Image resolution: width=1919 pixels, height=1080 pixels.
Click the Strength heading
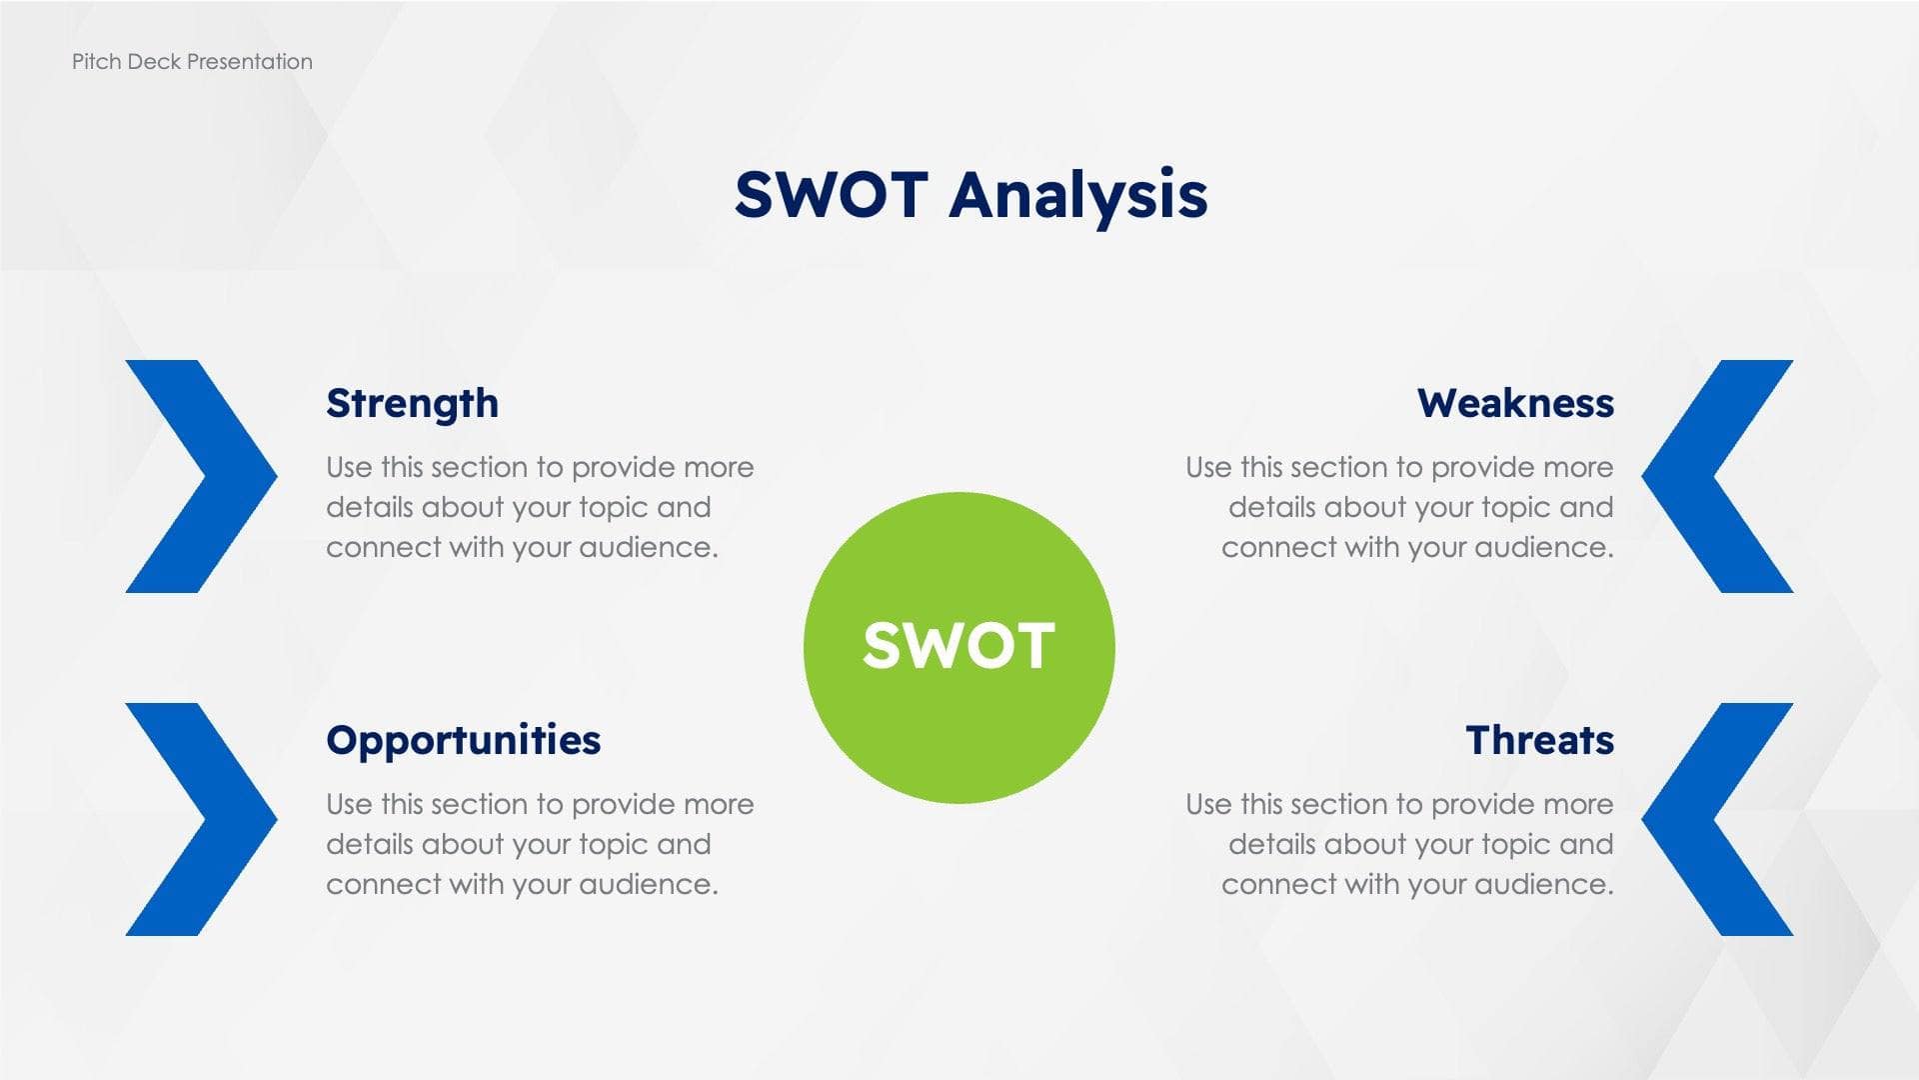point(412,404)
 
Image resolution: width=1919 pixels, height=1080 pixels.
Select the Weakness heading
point(1515,404)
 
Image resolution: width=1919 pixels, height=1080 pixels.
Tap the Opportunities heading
point(463,741)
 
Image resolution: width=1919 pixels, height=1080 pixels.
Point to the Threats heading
point(1539,741)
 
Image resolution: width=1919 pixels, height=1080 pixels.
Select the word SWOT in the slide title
point(832,195)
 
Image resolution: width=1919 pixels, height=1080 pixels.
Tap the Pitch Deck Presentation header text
point(192,62)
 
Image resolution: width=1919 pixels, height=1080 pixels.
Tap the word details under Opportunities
point(369,845)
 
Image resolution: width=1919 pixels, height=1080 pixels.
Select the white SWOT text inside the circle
point(959,646)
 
